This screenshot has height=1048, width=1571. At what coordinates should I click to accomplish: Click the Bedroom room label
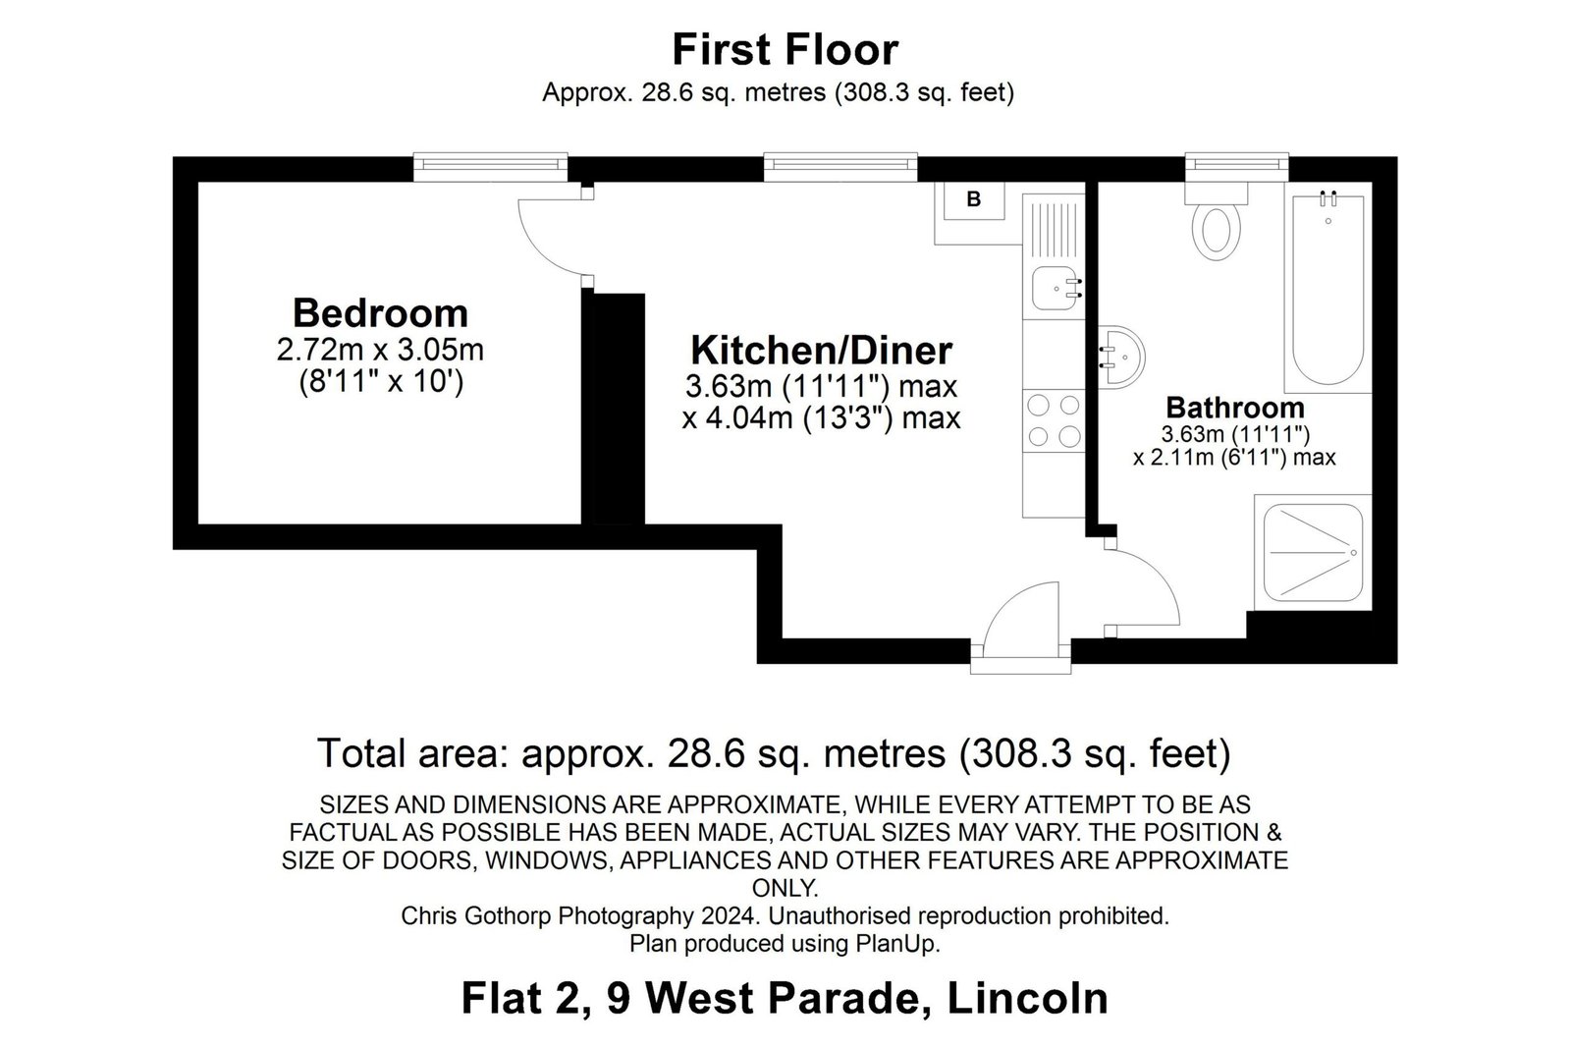pos(380,313)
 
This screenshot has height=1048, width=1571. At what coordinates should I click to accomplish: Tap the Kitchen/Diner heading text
pos(821,350)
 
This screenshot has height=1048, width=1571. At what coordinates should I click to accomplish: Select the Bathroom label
pos(1234,408)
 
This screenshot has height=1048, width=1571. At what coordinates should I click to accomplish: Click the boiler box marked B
pos(973,200)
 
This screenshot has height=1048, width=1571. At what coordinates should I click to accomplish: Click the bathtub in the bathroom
pos(1327,288)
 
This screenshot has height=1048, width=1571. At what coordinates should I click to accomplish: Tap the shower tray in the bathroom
pos(1313,553)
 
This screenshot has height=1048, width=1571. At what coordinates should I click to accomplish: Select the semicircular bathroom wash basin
pos(1122,358)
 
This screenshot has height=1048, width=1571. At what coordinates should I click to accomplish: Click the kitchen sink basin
pos(1056,289)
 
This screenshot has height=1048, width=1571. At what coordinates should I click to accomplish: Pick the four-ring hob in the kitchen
pos(1054,421)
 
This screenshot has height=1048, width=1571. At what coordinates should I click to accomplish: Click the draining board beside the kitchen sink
pos(1054,230)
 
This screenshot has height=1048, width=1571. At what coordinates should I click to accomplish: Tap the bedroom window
pos(490,167)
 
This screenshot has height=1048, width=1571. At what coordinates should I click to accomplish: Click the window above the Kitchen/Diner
pos(840,167)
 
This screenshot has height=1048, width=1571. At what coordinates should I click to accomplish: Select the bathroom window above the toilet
pos(1236,167)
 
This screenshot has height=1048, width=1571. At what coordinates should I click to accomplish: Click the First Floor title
pos(785,50)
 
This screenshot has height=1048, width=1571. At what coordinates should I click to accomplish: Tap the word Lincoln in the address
pos(1027,998)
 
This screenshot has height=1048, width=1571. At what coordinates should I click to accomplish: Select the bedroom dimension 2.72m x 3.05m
pos(380,350)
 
